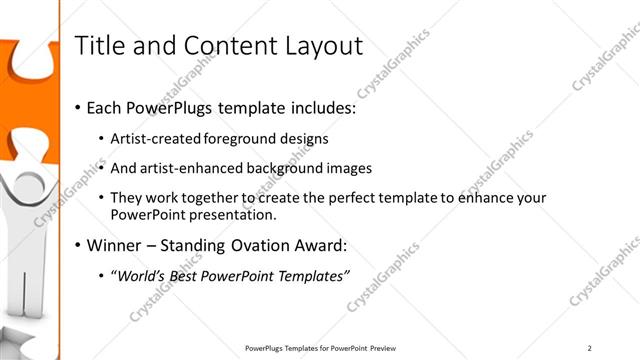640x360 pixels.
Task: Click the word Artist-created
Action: click(x=156, y=138)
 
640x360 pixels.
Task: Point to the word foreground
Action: click(x=240, y=138)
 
